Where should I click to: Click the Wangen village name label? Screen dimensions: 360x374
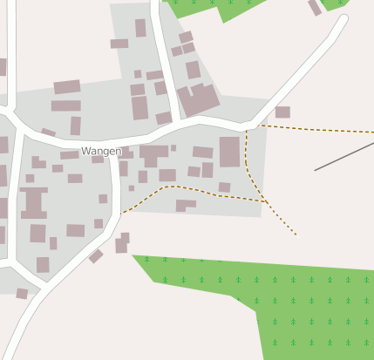tap(100, 151)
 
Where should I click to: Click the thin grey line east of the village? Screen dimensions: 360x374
tap(343, 157)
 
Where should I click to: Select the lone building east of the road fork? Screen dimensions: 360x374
tap(282, 112)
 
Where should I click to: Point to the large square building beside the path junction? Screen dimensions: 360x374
tap(229, 151)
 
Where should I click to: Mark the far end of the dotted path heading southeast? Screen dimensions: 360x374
tap(296, 234)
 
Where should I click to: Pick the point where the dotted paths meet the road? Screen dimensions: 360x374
tap(248, 128)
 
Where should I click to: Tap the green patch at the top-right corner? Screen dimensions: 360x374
tap(337, 3)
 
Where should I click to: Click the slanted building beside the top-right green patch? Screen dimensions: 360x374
tap(315, 8)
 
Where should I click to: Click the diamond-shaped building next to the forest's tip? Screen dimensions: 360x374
tap(96, 256)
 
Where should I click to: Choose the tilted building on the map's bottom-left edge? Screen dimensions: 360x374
tap(22, 294)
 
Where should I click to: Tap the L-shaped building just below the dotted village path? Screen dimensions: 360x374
tap(185, 205)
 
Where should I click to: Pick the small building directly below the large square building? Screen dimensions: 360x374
tap(224, 187)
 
